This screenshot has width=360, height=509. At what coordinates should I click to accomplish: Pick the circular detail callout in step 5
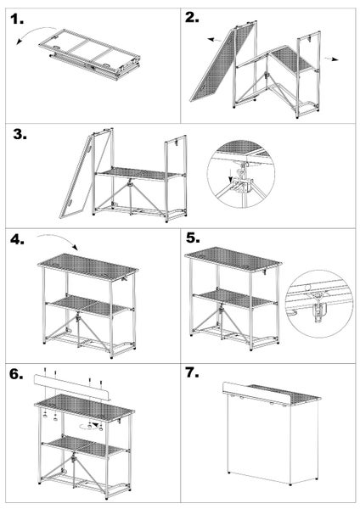click(320, 296)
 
